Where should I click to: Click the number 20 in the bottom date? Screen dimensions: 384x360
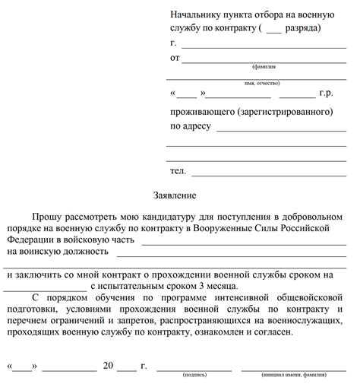click(x=108, y=365)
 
